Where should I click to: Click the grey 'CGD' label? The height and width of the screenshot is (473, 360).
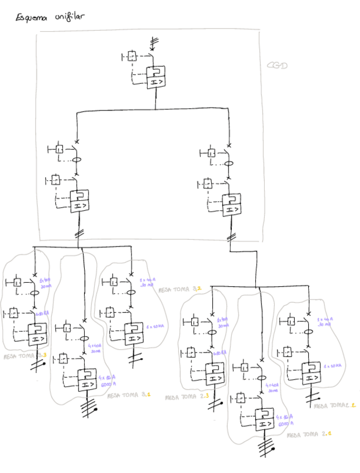tap(277, 66)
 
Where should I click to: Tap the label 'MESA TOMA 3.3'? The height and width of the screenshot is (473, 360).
tap(26, 356)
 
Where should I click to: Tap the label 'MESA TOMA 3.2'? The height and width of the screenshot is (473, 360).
tap(180, 289)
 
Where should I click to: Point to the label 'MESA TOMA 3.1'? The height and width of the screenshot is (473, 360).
tap(129, 395)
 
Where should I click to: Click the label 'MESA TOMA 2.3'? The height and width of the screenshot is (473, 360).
tap(186, 397)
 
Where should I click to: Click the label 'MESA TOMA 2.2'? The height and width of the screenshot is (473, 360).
tap(334, 406)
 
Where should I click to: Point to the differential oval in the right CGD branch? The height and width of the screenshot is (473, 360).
tap(228, 164)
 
